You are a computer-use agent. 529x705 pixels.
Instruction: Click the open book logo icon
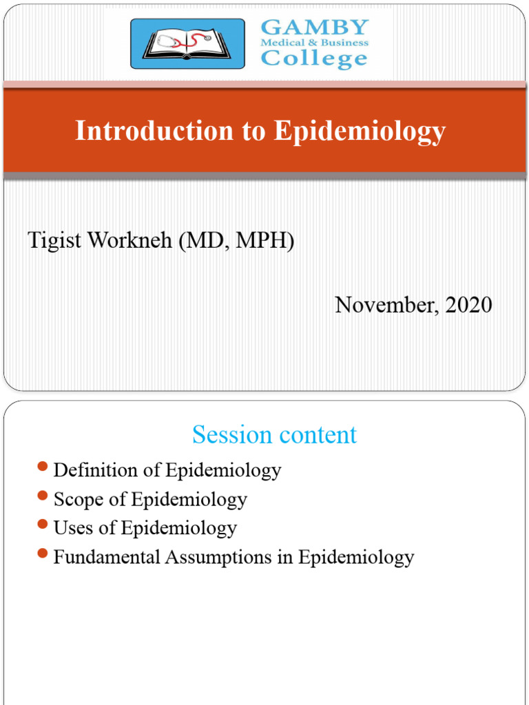[187, 43]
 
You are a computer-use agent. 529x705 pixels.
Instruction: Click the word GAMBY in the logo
[315, 28]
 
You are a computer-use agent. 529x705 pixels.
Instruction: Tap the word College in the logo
[314, 59]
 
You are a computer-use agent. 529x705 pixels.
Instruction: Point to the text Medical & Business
[314, 43]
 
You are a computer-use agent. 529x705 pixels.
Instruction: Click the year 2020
[468, 304]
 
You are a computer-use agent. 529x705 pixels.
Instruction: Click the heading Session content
[274, 435]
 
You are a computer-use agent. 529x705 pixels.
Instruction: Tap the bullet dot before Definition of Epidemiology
[43, 468]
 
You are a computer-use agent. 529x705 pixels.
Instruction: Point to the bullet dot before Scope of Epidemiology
[43, 497]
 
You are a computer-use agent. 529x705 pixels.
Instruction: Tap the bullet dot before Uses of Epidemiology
[43, 526]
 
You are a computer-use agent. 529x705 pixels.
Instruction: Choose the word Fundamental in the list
[107, 557]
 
